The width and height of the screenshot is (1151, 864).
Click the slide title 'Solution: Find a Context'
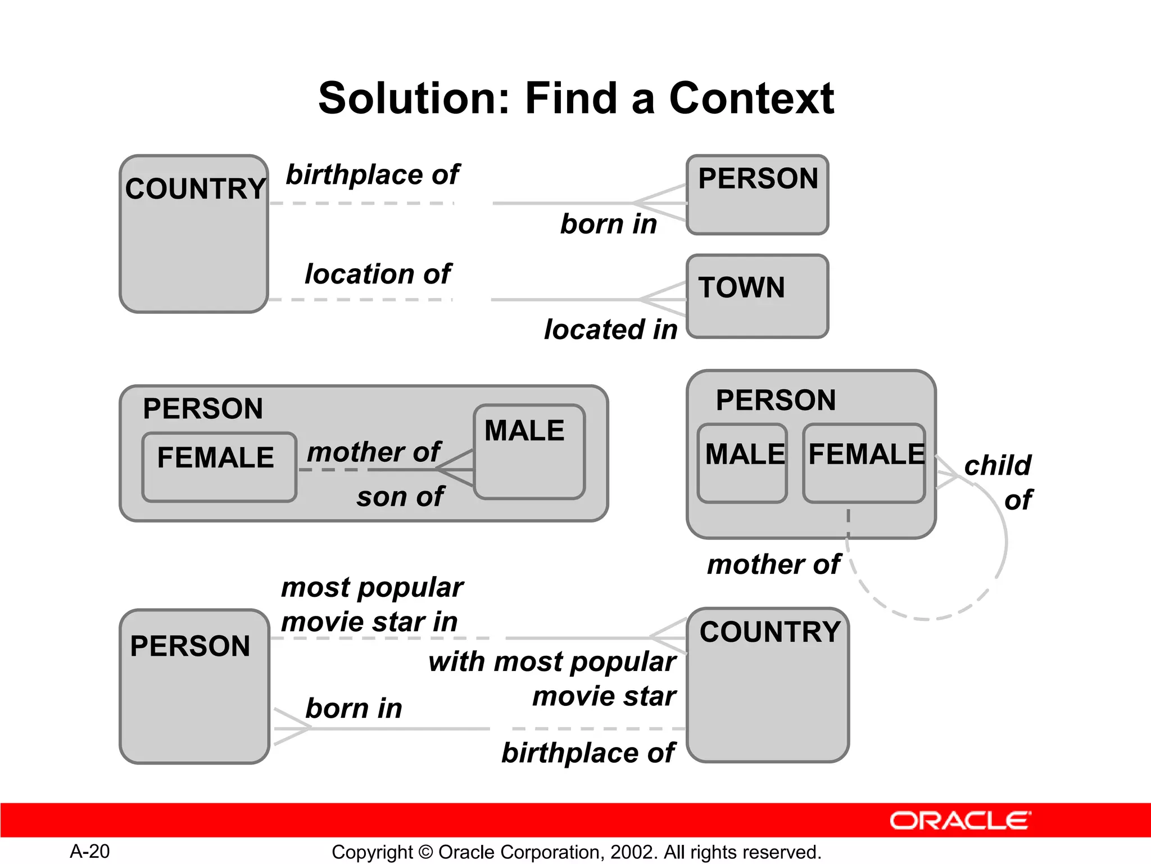(x=575, y=98)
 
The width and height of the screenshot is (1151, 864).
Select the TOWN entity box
(x=757, y=296)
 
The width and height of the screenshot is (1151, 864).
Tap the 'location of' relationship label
(x=378, y=274)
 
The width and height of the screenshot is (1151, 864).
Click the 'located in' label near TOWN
(x=611, y=330)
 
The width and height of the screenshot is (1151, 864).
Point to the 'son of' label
(x=400, y=497)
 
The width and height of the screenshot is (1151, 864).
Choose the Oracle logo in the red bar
(x=960, y=821)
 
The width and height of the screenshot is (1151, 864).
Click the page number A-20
(x=90, y=851)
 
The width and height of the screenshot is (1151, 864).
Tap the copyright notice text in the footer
(x=576, y=852)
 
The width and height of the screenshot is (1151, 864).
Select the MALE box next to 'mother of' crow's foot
(x=529, y=452)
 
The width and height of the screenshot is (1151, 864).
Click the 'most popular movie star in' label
(x=371, y=605)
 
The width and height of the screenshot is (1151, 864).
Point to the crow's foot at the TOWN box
(x=663, y=299)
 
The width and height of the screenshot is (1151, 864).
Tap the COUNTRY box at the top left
(x=194, y=233)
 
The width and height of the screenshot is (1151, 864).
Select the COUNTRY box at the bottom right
(x=768, y=685)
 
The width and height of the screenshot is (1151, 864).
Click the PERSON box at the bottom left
(x=194, y=686)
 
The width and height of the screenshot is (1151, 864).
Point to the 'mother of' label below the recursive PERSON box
(x=774, y=564)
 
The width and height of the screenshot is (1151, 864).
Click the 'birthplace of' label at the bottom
(x=588, y=753)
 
